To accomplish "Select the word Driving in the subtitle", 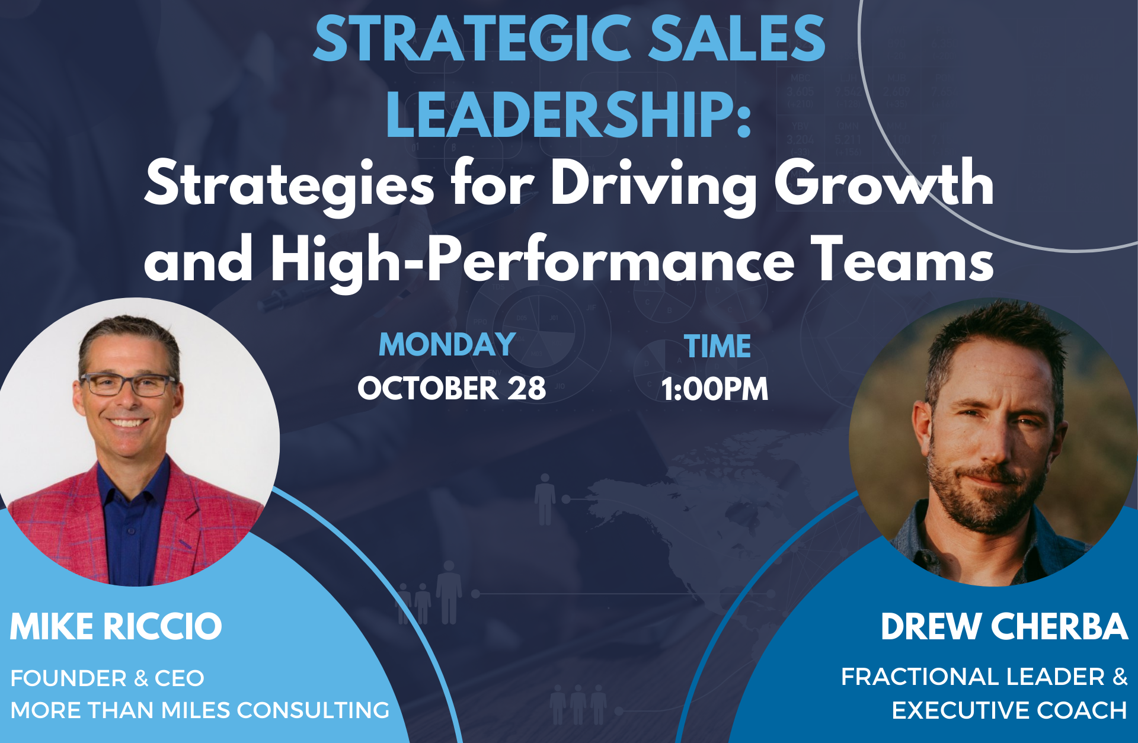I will (x=654, y=185).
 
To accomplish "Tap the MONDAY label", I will (x=447, y=345).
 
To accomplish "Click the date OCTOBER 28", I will (x=452, y=389).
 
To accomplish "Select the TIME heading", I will (x=717, y=347).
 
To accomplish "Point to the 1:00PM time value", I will (x=715, y=389).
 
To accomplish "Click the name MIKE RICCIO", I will (x=116, y=627).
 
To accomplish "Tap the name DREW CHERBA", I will (x=1003, y=627).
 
